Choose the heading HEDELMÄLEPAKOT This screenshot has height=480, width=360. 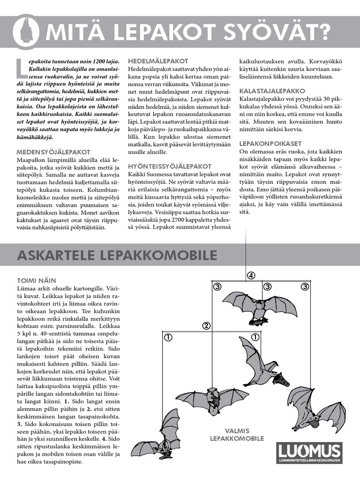[x=158, y=61]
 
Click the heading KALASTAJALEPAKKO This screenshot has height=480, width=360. [x=272, y=90]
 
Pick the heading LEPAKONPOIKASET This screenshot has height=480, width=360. [x=270, y=143]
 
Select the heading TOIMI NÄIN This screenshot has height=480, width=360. [x=37, y=280]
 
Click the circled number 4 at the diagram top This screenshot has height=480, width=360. [x=251, y=275]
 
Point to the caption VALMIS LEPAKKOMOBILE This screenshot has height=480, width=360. [x=237, y=435]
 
